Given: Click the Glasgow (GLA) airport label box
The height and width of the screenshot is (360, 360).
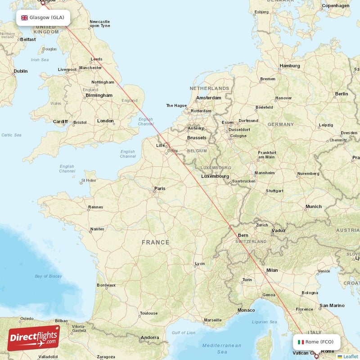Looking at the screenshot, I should click(43, 18).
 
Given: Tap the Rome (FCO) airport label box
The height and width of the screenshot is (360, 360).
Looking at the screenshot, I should click(316, 342).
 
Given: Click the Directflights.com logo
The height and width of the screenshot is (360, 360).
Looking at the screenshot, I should click(34, 338).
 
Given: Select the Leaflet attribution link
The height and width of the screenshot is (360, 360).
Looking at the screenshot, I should click(351, 356).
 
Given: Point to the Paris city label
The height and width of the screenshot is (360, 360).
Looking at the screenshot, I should click(160, 189).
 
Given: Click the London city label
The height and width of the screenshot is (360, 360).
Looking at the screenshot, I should click(105, 121).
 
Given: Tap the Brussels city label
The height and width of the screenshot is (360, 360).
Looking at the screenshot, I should click(197, 138).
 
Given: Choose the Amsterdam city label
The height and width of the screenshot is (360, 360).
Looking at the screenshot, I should click(208, 98).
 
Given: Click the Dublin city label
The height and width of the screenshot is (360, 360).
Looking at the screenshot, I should click(20, 71).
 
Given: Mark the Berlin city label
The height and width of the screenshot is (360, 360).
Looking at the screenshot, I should click(341, 94).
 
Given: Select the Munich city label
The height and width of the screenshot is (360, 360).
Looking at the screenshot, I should click(313, 207).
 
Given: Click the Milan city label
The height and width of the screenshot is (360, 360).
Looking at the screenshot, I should click(272, 270).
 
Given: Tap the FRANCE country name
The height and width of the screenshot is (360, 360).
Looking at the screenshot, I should click(156, 242).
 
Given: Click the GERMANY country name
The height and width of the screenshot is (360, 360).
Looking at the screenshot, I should click(280, 124).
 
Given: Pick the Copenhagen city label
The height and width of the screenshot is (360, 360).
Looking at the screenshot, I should click(335, 6).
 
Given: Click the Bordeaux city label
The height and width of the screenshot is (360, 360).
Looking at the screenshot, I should click(106, 285).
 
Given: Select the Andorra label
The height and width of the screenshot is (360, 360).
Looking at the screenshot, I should click(150, 337).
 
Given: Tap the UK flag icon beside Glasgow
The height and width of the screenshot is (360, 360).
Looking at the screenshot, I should click(24, 18).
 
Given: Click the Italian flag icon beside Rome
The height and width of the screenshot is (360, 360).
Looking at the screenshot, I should click(301, 342).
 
